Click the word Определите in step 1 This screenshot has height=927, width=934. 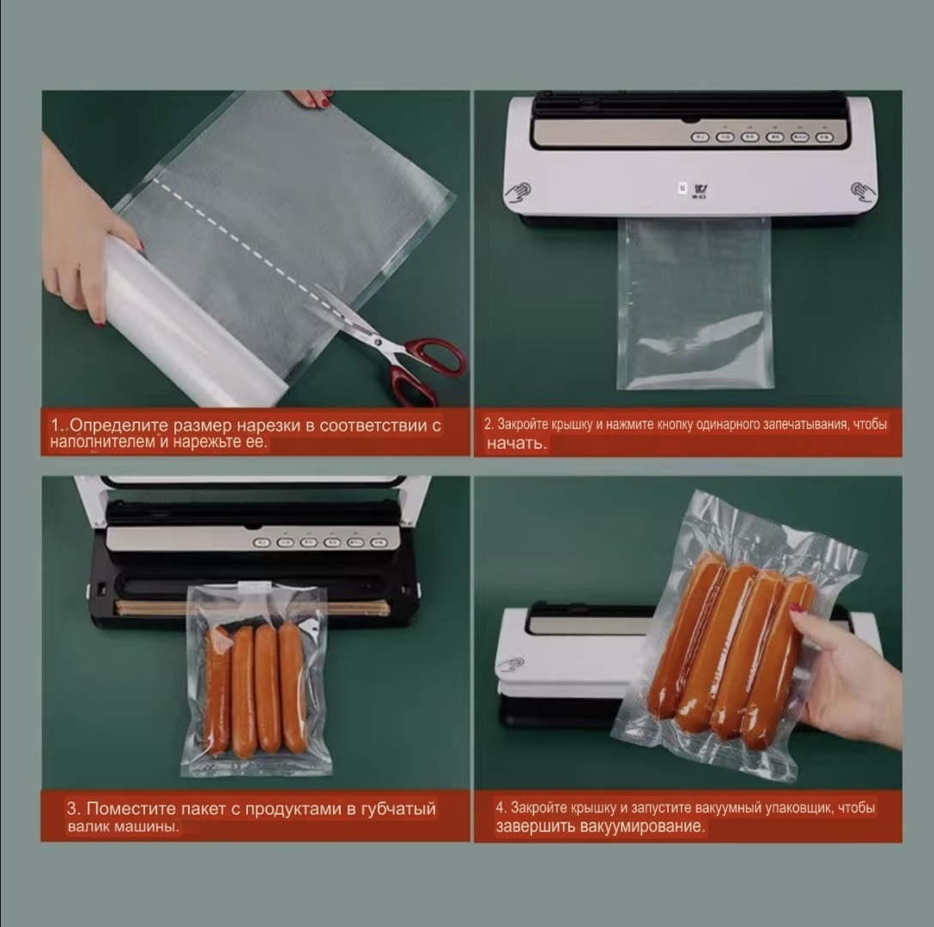(x=119, y=426)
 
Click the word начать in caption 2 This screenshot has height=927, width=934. (x=516, y=443)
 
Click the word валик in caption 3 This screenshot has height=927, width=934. (x=85, y=827)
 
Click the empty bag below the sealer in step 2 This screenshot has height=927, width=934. (x=694, y=304)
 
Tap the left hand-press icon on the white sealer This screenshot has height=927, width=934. (x=519, y=192)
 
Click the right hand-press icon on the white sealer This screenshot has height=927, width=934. (x=863, y=191)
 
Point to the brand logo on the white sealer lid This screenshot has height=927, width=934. (x=700, y=191)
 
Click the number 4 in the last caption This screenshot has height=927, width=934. (x=500, y=808)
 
